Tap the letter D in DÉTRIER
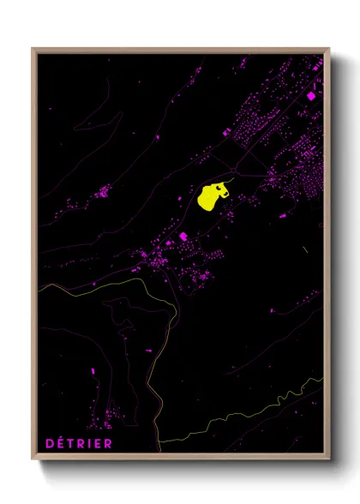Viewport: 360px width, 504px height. (x=48, y=443)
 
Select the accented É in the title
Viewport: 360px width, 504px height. (x=58, y=442)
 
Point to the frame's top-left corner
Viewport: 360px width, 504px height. (x=33, y=48)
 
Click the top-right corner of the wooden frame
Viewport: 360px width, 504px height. (x=330, y=48)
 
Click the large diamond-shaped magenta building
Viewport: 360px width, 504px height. (x=311, y=95)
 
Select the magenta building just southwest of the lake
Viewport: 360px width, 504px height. (x=183, y=236)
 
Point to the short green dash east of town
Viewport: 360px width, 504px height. (x=305, y=249)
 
